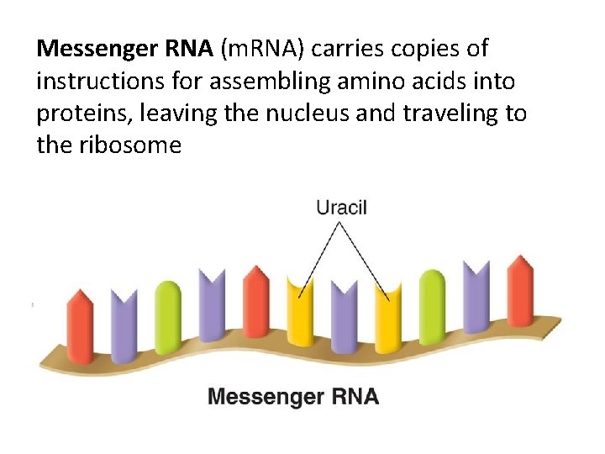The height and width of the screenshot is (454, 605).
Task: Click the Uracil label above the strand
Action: [341, 207]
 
